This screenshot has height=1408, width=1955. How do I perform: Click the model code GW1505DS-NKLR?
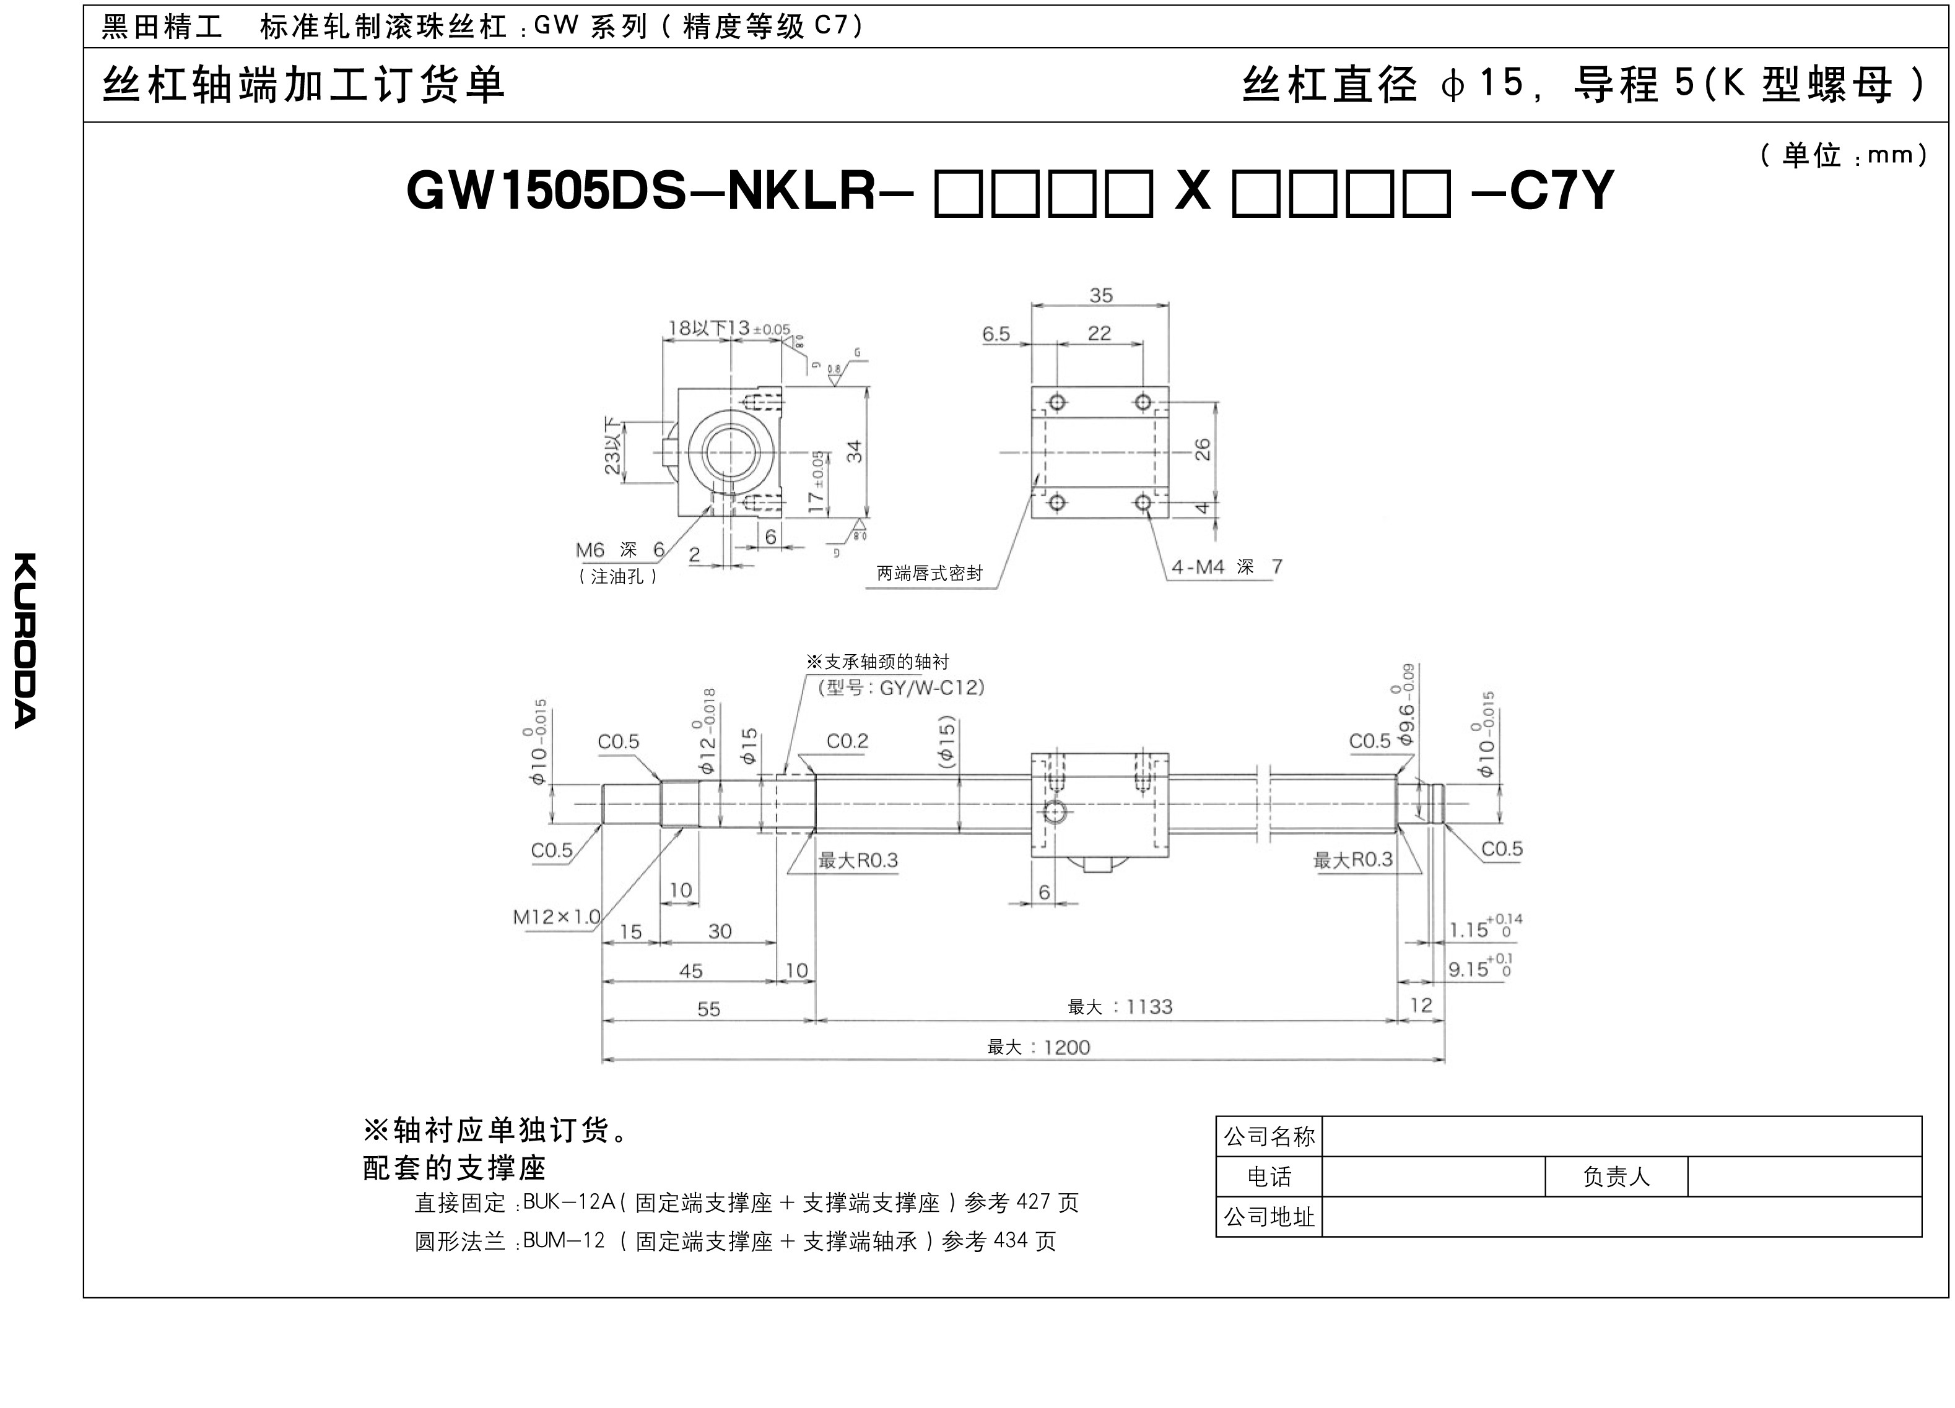[642, 191]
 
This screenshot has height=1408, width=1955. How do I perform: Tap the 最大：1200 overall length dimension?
[1038, 1047]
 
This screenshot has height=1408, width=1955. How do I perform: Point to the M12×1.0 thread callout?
[556, 917]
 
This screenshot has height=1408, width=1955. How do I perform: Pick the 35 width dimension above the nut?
[1101, 296]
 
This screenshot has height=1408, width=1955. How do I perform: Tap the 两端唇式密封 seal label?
[930, 573]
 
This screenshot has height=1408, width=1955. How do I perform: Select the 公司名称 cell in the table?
[1269, 1136]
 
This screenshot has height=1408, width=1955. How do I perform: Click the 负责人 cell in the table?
[1616, 1177]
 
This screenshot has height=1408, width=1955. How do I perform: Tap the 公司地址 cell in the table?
[1269, 1217]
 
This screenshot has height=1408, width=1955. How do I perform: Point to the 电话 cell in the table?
[1269, 1177]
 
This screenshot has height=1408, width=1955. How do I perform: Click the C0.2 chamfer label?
[847, 741]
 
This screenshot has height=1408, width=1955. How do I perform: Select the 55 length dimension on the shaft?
[708, 1009]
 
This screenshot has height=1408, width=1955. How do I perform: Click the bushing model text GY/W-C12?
[931, 688]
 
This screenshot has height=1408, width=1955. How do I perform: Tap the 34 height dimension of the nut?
[854, 451]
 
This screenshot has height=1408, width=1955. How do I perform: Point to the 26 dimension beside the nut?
[1203, 449]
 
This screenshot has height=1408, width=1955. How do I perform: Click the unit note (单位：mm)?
[1842, 156]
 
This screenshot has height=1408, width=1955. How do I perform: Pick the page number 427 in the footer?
[1034, 1202]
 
